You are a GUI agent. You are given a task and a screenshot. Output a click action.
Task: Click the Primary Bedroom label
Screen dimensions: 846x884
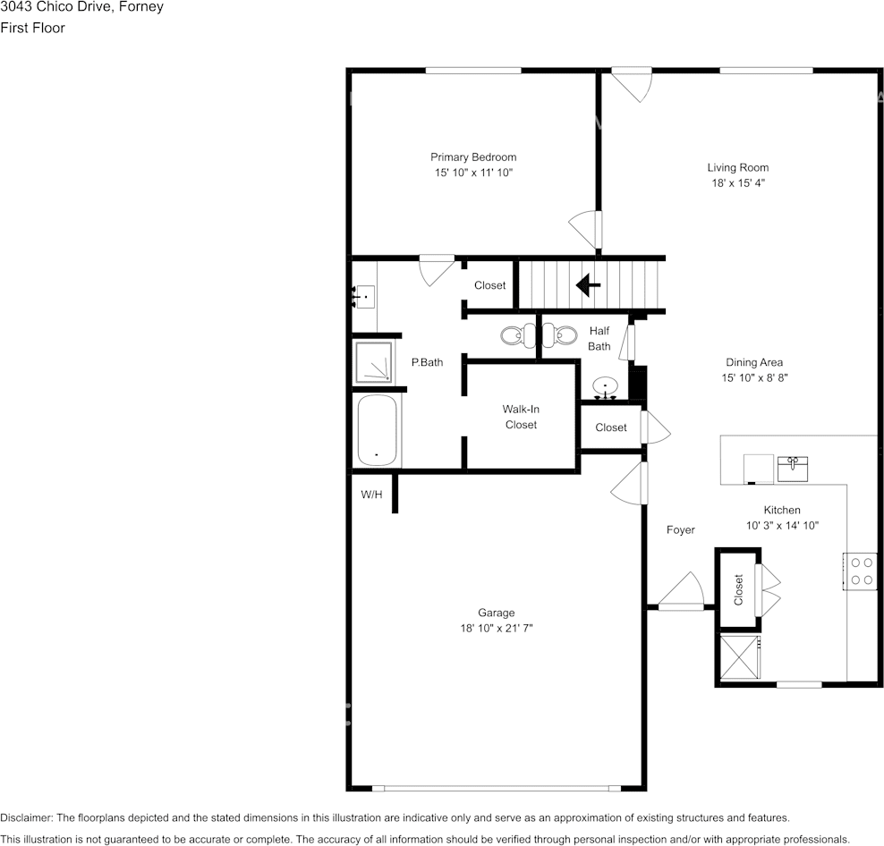[x=472, y=157]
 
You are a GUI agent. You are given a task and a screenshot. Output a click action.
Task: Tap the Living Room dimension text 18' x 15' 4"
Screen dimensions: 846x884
[x=737, y=182]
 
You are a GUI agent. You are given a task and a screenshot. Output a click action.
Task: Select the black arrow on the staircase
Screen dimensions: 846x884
[x=588, y=285]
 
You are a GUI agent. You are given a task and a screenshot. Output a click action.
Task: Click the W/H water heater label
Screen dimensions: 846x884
[x=371, y=494]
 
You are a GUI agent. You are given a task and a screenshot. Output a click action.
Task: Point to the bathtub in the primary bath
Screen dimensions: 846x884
[x=377, y=430]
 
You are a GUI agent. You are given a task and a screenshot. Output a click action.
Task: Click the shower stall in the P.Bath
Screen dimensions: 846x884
[x=372, y=363]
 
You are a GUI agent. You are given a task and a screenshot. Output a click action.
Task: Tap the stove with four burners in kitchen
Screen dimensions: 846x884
[x=862, y=571]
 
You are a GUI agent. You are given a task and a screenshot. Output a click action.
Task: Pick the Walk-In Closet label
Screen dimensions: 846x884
[x=521, y=417]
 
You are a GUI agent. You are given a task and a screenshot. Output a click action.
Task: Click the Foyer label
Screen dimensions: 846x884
[x=680, y=530]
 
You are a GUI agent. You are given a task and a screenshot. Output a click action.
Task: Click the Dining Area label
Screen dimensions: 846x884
[x=753, y=362]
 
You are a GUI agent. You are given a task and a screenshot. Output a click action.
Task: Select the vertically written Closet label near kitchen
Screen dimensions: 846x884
[x=738, y=589]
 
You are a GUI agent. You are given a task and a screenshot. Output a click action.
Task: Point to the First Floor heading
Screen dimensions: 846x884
[x=32, y=28]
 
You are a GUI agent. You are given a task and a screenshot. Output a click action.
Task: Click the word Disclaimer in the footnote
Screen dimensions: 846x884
[x=27, y=818]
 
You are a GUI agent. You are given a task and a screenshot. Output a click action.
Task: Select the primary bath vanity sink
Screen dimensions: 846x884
[x=363, y=295]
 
